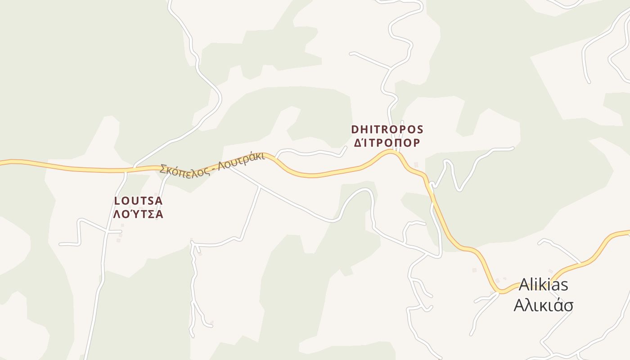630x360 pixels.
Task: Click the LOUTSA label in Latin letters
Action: (139, 201)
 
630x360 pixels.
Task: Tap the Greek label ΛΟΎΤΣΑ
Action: (139, 214)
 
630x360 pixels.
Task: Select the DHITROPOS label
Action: (387, 130)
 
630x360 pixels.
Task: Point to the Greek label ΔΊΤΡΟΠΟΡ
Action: (387, 143)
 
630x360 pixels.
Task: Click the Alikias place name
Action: (543, 285)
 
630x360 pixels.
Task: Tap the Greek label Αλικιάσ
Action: (543, 305)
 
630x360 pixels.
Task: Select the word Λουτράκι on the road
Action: (240, 163)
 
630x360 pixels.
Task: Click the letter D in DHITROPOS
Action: (355, 130)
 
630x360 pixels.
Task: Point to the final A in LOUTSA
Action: (159, 201)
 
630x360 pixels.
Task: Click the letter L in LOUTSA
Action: (117, 201)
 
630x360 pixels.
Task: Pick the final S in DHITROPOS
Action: (420, 130)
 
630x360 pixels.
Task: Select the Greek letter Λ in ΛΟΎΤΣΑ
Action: (117, 214)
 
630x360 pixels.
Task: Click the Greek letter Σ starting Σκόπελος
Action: (163, 170)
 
